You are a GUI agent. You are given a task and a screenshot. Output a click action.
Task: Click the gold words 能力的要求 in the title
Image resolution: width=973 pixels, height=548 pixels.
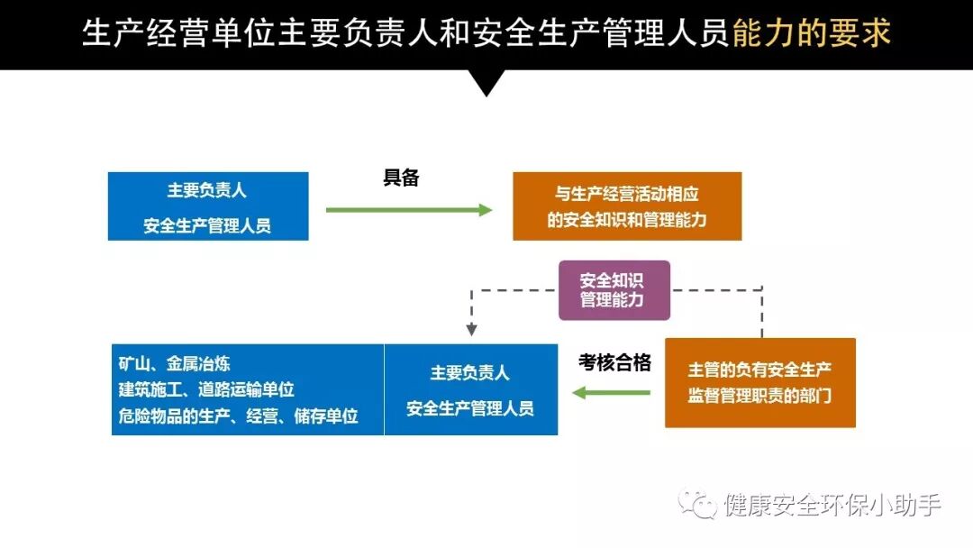pyautogui.click(x=812, y=33)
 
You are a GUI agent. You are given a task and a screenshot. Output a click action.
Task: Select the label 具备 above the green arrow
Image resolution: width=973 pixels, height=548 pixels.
pyautogui.click(x=402, y=178)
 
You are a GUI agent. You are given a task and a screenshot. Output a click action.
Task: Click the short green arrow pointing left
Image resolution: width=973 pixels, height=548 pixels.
pyautogui.click(x=612, y=392)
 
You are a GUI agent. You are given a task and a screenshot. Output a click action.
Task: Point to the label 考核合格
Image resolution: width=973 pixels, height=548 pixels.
pyautogui.click(x=614, y=362)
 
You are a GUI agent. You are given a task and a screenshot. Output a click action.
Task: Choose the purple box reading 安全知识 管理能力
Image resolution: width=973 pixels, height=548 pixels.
pyautogui.click(x=614, y=290)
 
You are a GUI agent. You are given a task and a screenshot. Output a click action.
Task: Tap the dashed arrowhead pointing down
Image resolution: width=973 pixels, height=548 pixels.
pyautogui.click(x=471, y=330)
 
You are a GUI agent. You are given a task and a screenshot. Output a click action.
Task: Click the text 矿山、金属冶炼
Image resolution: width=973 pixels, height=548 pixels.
pyautogui.click(x=174, y=364)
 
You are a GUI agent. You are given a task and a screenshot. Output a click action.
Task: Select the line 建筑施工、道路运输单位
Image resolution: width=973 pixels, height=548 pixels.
pyautogui.click(x=206, y=389)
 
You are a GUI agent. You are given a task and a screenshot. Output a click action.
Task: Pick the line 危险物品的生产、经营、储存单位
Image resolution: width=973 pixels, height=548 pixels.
pyautogui.click(x=238, y=416)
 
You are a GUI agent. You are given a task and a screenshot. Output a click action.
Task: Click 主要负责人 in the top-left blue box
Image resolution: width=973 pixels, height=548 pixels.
pyautogui.click(x=207, y=190)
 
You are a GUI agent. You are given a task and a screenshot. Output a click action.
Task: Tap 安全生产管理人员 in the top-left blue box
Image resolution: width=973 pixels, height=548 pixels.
pyautogui.click(x=207, y=225)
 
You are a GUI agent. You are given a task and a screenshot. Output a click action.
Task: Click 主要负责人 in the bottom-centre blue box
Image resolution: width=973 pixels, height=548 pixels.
pyautogui.click(x=470, y=372)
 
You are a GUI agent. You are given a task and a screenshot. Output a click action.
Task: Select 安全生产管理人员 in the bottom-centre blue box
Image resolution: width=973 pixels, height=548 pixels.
pyautogui.click(x=470, y=408)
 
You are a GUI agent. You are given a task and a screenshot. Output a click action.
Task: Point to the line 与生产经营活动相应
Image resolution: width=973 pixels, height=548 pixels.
pyautogui.click(x=627, y=193)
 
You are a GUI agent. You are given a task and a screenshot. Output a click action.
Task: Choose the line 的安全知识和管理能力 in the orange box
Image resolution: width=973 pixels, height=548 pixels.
pyautogui.click(x=627, y=219)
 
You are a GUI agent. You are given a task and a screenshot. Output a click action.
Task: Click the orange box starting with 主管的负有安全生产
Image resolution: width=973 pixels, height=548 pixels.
pyautogui.click(x=759, y=382)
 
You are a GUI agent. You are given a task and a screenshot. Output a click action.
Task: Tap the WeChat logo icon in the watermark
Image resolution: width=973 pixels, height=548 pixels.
pyautogui.click(x=698, y=504)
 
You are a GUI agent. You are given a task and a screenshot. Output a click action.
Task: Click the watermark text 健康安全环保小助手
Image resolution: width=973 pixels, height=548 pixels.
pyautogui.click(x=832, y=506)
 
